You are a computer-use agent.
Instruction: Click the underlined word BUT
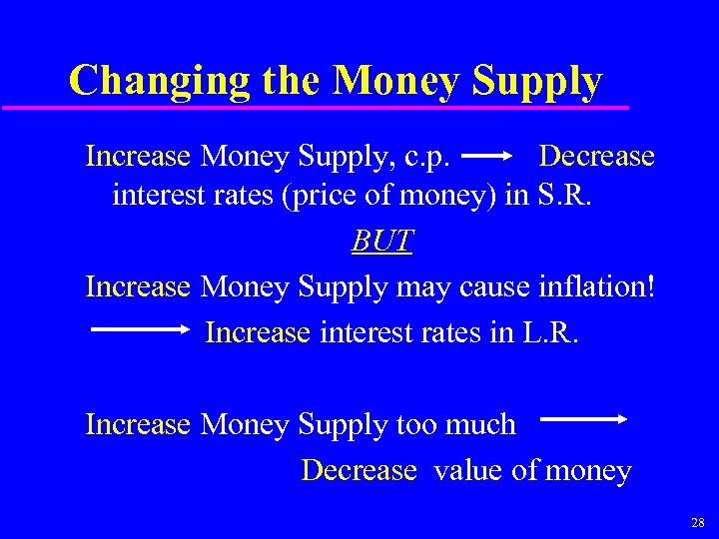(382, 242)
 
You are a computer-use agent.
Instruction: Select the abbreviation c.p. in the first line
(430, 157)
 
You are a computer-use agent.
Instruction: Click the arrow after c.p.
(488, 157)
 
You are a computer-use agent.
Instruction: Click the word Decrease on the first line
(596, 157)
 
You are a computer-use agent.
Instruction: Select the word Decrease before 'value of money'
(359, 470)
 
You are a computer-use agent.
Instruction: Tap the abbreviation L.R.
(550, 332)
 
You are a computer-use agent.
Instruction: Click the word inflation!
(597, 286)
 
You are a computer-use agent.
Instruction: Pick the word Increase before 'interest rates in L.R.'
(258, 332)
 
